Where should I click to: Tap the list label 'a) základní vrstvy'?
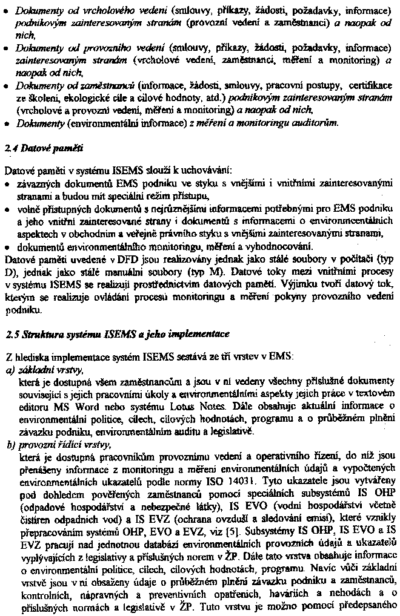coord(44,369)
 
